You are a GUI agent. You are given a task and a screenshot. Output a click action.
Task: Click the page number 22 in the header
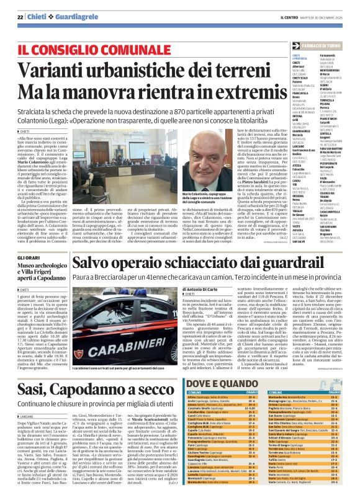click(x=20, y=17)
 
